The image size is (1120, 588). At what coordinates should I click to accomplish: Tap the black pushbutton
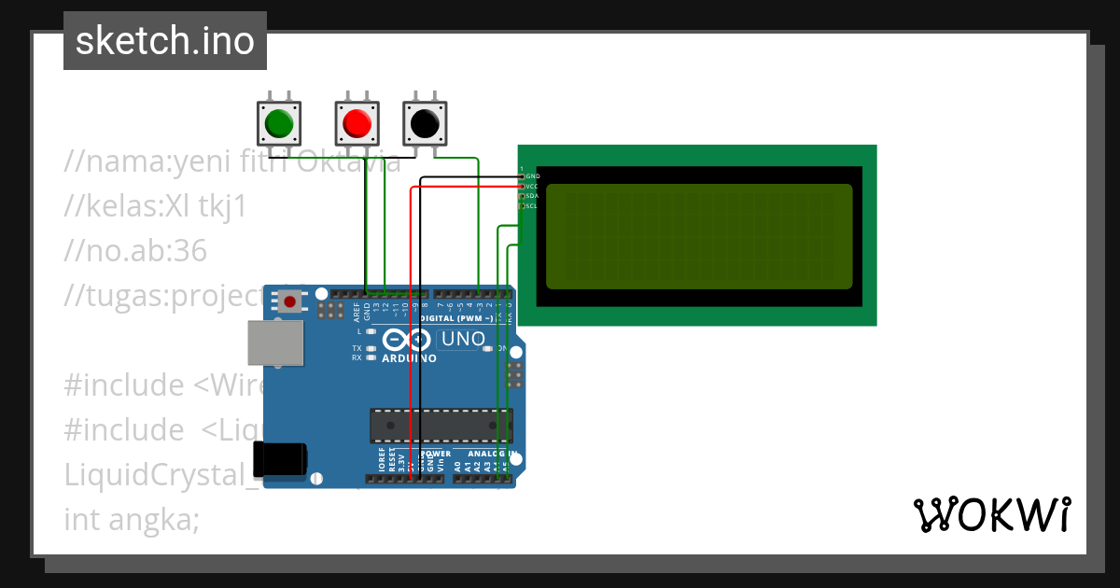pyautogui.click(x=425, y=122)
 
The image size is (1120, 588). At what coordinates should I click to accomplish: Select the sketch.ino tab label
pyautogui.click(x=165, y=41)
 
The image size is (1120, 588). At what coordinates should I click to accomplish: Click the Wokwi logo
pyautogui.click(x=991, y=514)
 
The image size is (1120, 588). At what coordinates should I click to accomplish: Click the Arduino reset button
pyautogui.click(x=290, y=301)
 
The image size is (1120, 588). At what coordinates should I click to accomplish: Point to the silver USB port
pyautogui.click(x=275, y=343)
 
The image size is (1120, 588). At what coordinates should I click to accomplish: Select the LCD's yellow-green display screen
pyautogui.click(x=699, y=236)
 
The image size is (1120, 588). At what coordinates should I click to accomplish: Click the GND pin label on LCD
pyautogui.click(x=533, y=175)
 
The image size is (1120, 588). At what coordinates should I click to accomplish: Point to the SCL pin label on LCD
pyautogui.click(x=532, y=205)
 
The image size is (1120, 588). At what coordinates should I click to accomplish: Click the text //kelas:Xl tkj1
pyautogui.click(x=155, y=206)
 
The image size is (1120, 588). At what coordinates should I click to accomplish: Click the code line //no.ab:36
pyautogui.click(x=135, y=250)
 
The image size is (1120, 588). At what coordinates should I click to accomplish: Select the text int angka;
pyautogui.click(x=132, y=519)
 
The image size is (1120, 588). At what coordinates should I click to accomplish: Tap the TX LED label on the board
pyautogui.click(x=357, y=348)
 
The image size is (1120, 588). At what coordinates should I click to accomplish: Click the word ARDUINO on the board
pyautogui.click(x=409, y=358)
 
